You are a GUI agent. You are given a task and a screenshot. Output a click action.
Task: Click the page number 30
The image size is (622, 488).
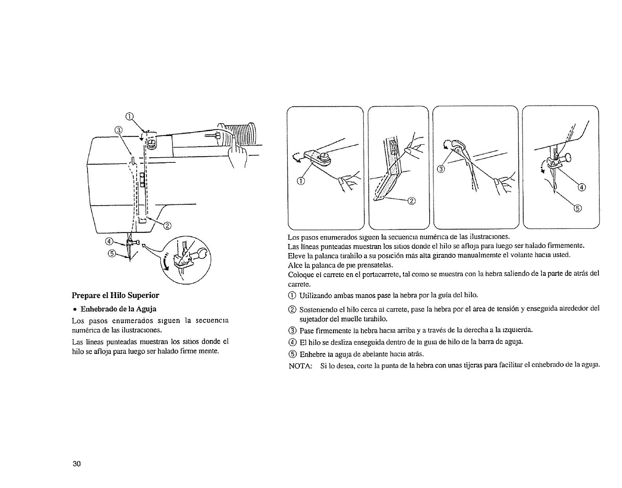tap(76, 464)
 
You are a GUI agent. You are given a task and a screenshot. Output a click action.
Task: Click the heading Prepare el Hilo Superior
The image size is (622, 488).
tap(115, 295)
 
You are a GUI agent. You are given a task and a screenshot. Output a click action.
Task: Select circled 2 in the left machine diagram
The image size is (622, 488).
tap(167, 226)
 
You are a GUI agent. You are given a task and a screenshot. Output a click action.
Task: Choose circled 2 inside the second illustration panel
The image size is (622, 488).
tap(412, 201)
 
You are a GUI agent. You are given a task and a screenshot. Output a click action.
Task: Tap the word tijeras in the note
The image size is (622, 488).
tap(459, 365)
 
